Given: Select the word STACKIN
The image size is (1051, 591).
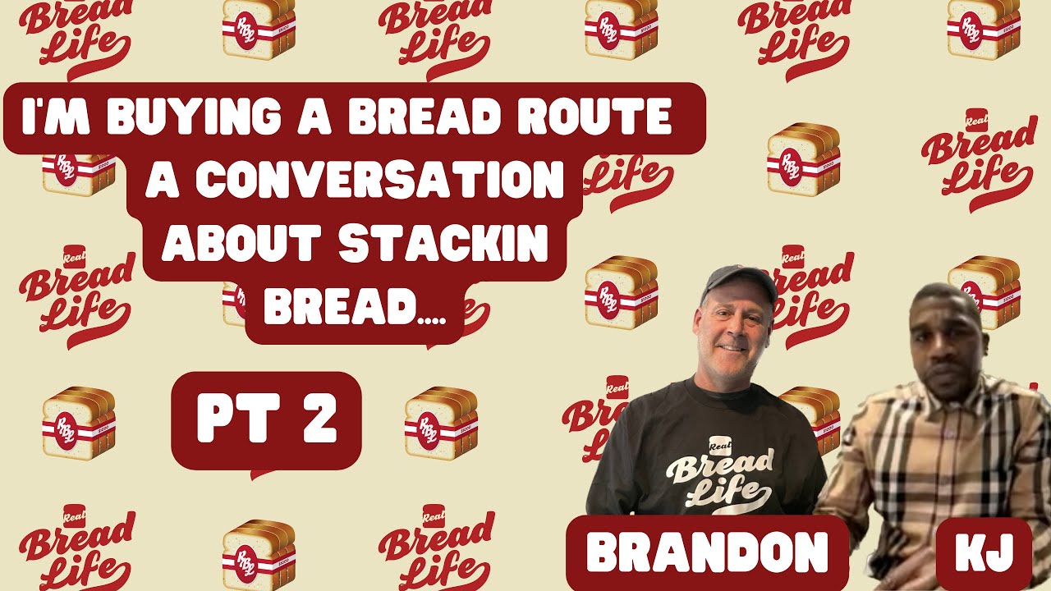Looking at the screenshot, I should (443, 245).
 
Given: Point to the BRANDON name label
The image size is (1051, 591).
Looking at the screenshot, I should (707, 552).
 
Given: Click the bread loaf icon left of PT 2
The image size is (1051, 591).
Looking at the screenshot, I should (79, 422).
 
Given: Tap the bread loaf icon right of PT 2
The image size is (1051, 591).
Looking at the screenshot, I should (441, 422).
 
